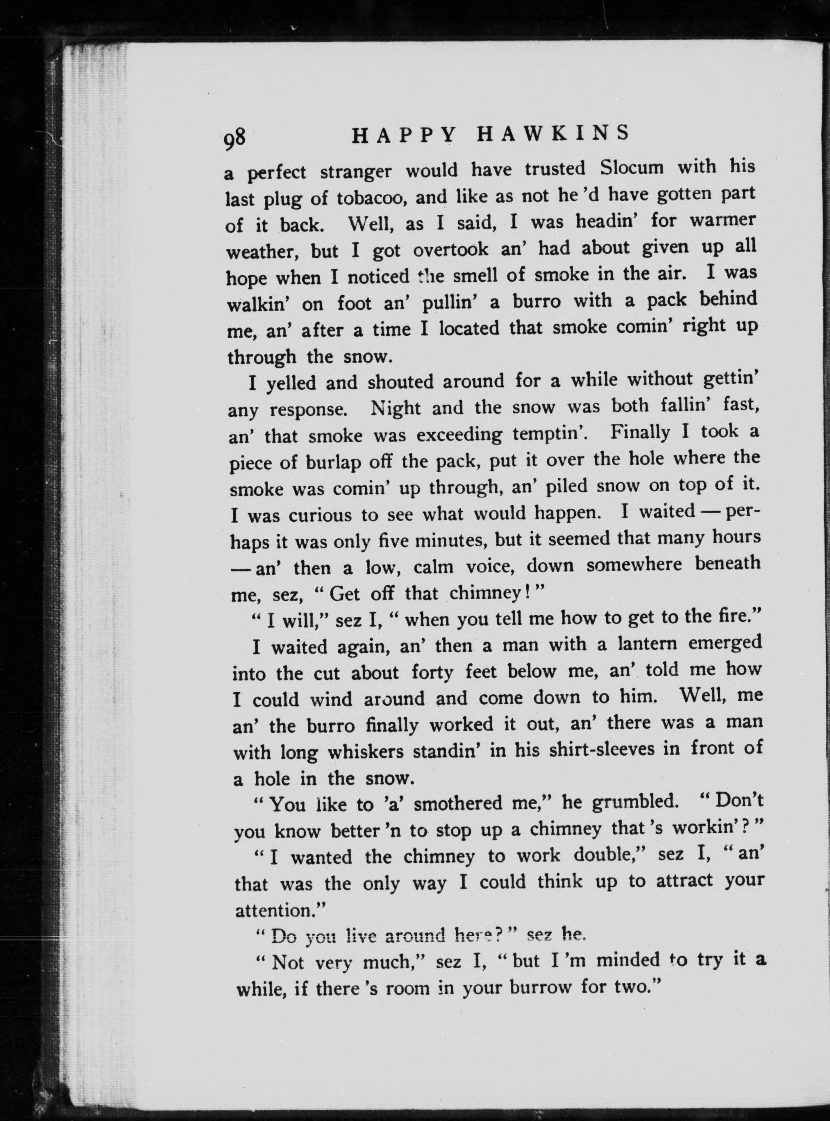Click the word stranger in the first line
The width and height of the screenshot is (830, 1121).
click(x=356, y=172)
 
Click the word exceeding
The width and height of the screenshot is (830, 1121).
click(x=459, y=434)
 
